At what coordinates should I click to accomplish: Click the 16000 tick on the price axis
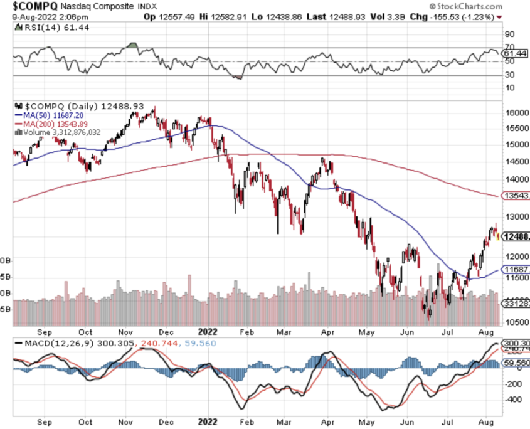516,114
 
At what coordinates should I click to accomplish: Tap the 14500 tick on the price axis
516,161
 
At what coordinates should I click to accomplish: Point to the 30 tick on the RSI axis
509,75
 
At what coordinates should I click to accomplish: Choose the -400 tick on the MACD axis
514,398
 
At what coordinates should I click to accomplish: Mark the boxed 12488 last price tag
516,236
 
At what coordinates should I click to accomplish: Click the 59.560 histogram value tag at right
516,363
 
